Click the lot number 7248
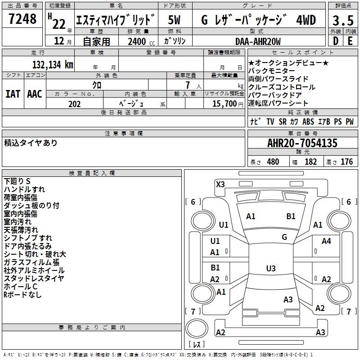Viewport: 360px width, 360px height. click(x=22, y=19)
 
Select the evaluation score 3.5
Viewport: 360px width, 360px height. click(x=342, y=21)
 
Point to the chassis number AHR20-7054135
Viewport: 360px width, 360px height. click(x=302, y=143)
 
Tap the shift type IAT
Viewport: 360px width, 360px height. click(x=13, y=94)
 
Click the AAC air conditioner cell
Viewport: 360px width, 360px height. click(x=35, y=94)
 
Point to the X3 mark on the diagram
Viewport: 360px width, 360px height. click(x=220, y=184)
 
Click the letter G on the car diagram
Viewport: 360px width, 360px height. click(x=284, y=237)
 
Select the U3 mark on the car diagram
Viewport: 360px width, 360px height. click(x=270, y=269)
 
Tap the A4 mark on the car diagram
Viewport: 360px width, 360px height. click(x=326, y=241)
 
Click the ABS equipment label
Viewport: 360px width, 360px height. click(x=308, y=121)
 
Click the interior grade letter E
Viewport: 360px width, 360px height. click(x=350, y=41)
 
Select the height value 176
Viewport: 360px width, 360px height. click(x=346, y=162)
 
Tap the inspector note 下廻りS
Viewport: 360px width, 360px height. click(x=17, y=181)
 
